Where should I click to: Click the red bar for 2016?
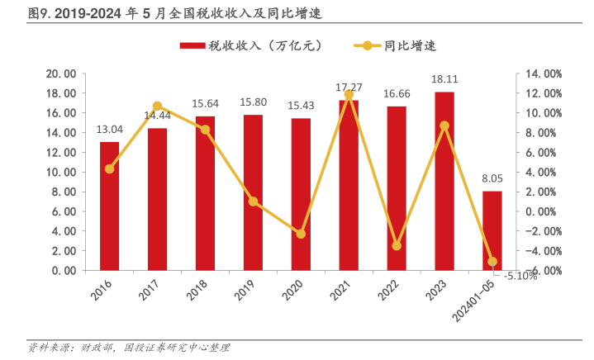pos(109,206)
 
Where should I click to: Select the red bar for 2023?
pos(444,181)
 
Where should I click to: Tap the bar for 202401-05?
pos(492,230)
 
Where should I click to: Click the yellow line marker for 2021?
pos(349,95)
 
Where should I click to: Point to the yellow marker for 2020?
pos(301,234)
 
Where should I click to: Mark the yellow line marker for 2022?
pos(397,246)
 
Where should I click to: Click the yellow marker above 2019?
pos(253,201)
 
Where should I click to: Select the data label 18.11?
pos(444,79)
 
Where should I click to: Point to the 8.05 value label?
pos(492,178)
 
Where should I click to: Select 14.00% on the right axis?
pos(544,73)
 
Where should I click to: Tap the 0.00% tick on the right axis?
pos(544,211)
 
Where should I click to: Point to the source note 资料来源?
pos(129,348)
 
